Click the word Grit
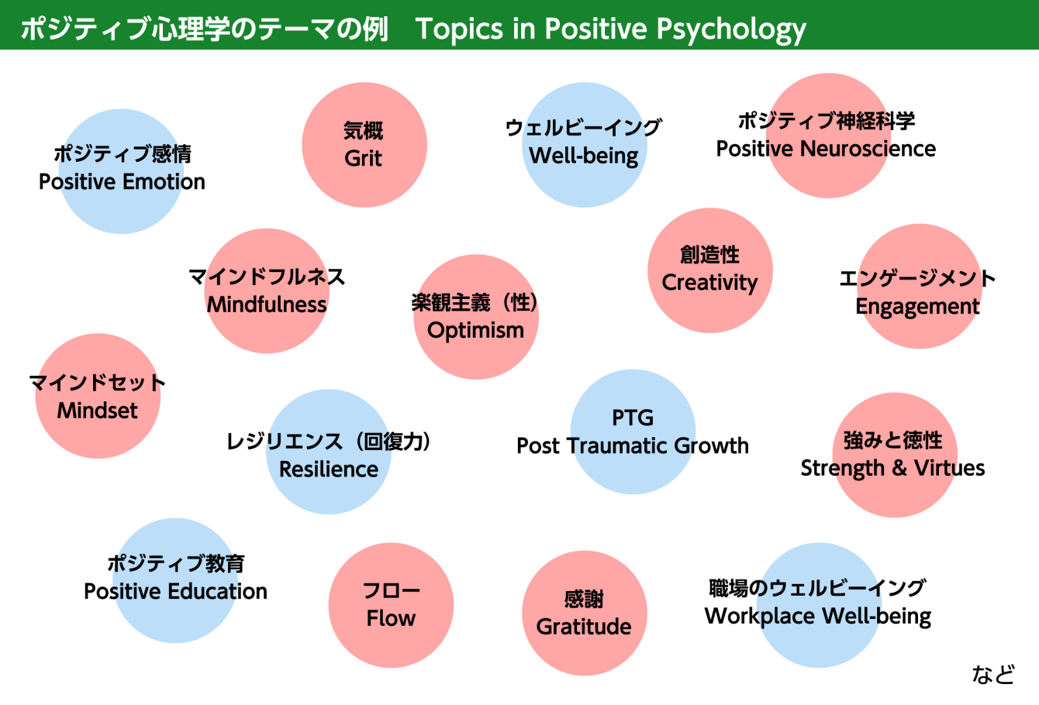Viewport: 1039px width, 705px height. pos(363,159)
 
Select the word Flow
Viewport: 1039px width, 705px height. pos(391,618)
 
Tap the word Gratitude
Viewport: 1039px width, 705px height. pos(584,627)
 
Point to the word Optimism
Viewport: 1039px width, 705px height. pos(475,332)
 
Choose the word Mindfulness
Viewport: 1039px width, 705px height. pos(267,305)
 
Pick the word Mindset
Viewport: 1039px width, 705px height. pos(98,411)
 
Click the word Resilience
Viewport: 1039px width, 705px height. pos(329,469)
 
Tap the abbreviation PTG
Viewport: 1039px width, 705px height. pos(633,418)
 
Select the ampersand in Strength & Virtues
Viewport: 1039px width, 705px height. pos(899,468)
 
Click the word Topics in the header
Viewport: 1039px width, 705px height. pos(460,29)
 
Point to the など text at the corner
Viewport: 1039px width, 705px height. pos(993,675)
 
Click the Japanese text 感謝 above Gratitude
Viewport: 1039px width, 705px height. pos(584,600)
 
